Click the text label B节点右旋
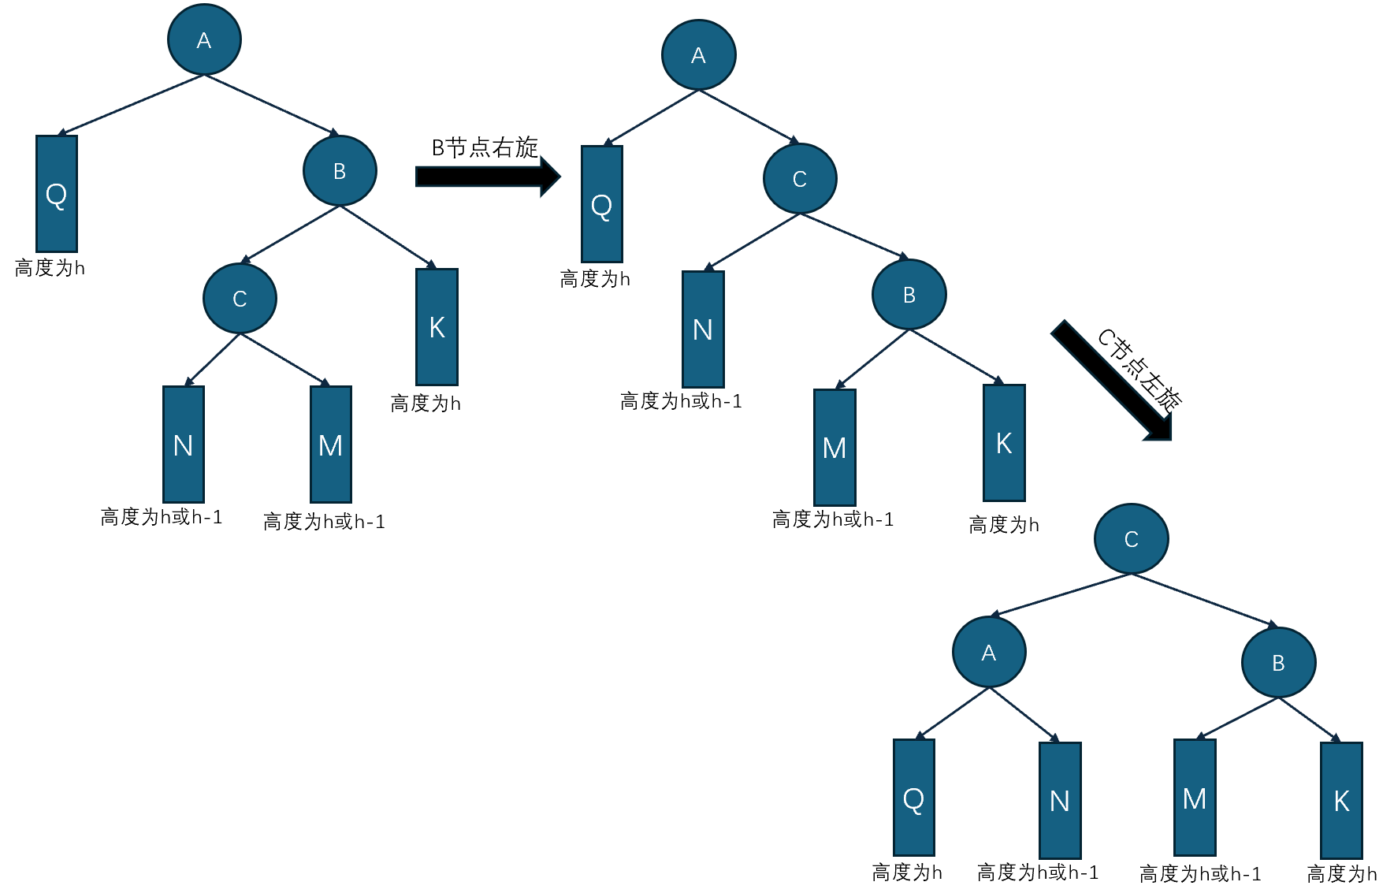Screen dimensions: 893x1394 click(x=485, y=147)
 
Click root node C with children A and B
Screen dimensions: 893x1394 click(x=1131, y=539)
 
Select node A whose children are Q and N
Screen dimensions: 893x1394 click(x=989, y=653)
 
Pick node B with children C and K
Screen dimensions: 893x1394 click(x=340, y=171)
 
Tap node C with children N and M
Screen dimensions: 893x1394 click(x=240, y=299)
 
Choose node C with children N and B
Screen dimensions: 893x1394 click(x=799, y=179)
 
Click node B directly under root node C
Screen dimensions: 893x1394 click(x=1278, y=663)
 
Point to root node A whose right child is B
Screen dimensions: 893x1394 click(x=204, y=40)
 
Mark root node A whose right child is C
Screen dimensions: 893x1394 click(x=698, y=55)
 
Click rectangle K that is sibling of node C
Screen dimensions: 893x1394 click(x=437, y=327)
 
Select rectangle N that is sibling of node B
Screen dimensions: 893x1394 click(x=703, y=329)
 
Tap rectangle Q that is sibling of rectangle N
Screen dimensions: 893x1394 click(x=913, y=798)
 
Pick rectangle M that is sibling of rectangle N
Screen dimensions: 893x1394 click(x=330, y=445)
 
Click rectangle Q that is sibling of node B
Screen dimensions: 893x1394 click(x=56, y=194)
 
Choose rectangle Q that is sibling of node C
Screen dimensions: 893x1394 click(x=601, y=204)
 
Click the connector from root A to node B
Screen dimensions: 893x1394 click(x=271, y=104)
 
